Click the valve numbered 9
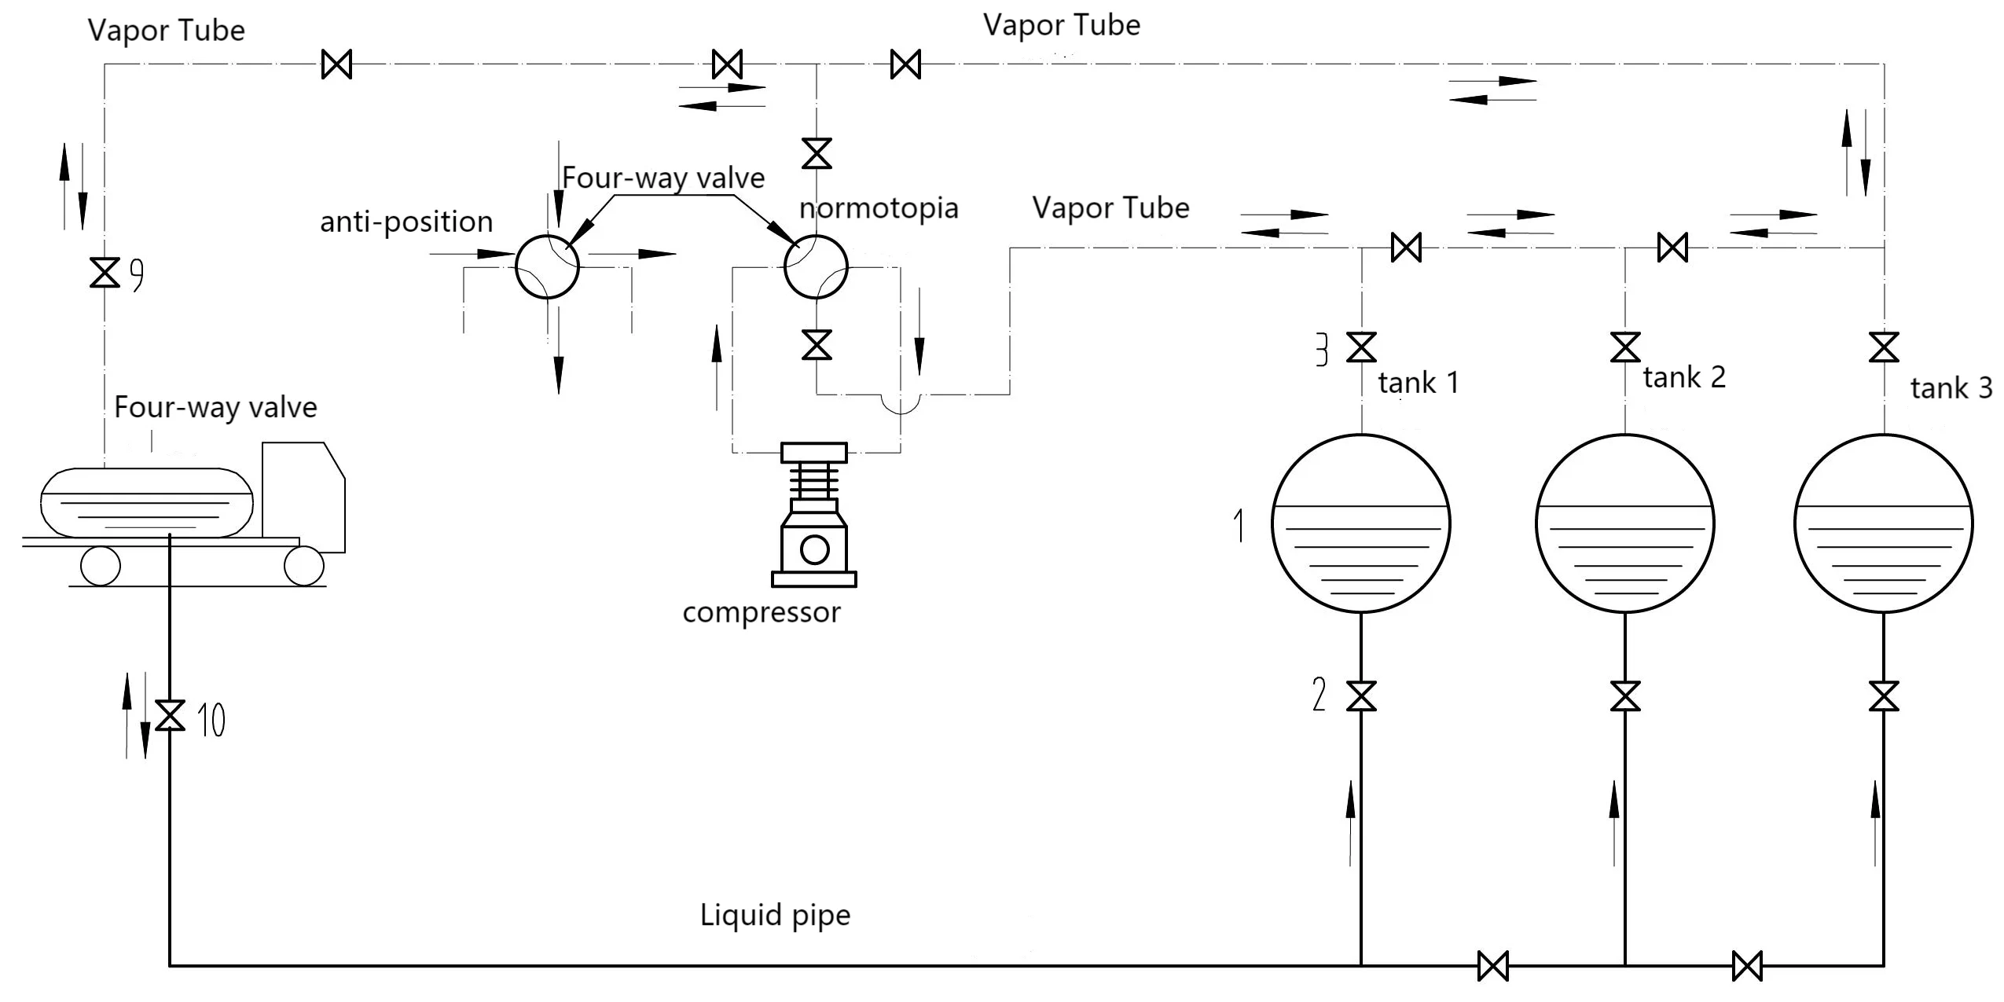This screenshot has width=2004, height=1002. tap(105, 273)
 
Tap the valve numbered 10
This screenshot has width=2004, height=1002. tap(170, 715)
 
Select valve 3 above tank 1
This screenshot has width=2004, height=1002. tap(1361, 347)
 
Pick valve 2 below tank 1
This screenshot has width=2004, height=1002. tap(1361, 696)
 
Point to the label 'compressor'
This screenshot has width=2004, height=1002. tap(761, 612)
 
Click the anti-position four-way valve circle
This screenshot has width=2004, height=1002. tap(547, 266)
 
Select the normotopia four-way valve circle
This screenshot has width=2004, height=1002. tap(816, 266)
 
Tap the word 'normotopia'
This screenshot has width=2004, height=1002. tap(878, 208)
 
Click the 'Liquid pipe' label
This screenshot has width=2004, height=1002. tap(775, 915)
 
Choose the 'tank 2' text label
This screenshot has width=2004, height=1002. tap(1683, 378)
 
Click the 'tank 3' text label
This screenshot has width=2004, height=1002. tap(1951, 388)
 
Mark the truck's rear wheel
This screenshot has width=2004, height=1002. tap(101, 566)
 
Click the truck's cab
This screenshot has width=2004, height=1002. tap(303, 495)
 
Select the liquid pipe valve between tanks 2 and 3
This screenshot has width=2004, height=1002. tap(1747, 966)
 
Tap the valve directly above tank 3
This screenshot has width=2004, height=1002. tap(1884, 347)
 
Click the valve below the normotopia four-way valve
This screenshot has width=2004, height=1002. tap(817, 345)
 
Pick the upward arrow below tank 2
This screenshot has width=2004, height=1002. tap(1614, 821)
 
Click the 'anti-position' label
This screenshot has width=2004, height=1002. tap(406, 222)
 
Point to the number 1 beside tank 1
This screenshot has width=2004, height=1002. tap(1239, 525)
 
